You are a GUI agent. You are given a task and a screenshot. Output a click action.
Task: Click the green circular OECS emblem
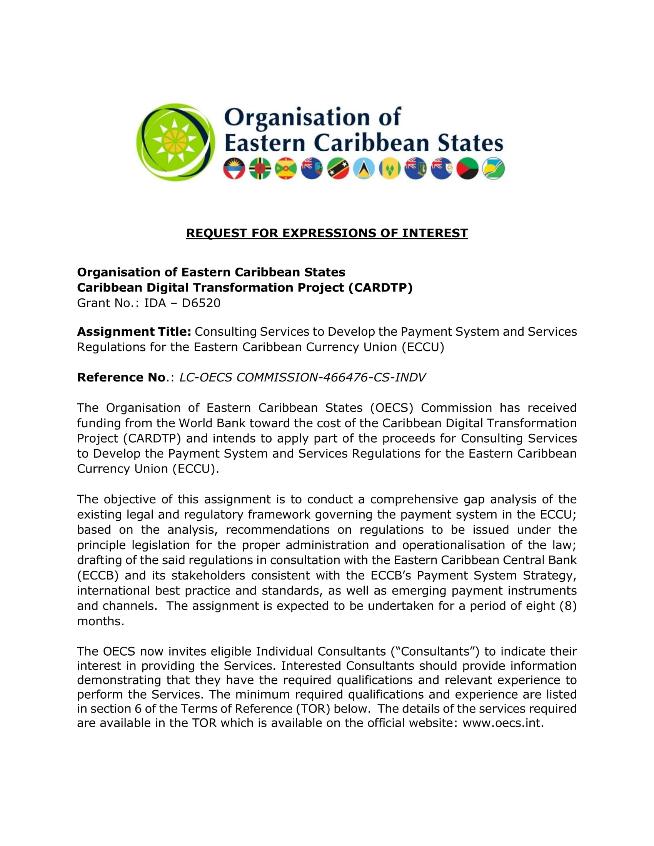coord(175,142)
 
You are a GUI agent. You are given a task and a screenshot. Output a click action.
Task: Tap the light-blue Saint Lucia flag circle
coord(364,169)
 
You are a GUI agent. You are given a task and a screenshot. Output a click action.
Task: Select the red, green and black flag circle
coord(467,169)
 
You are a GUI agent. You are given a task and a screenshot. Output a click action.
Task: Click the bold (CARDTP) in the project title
coord(380,287)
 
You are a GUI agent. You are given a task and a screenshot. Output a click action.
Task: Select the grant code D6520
coord(201,303)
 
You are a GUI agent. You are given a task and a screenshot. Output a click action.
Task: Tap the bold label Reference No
coord(121,377)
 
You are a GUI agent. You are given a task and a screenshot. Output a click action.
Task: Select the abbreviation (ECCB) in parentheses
coord(98,575)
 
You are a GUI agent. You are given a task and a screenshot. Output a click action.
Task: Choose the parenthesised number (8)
coord(568,606)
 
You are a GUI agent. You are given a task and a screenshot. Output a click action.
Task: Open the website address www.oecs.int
coord(503,723)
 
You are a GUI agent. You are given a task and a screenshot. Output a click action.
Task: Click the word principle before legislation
coord(102,545)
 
